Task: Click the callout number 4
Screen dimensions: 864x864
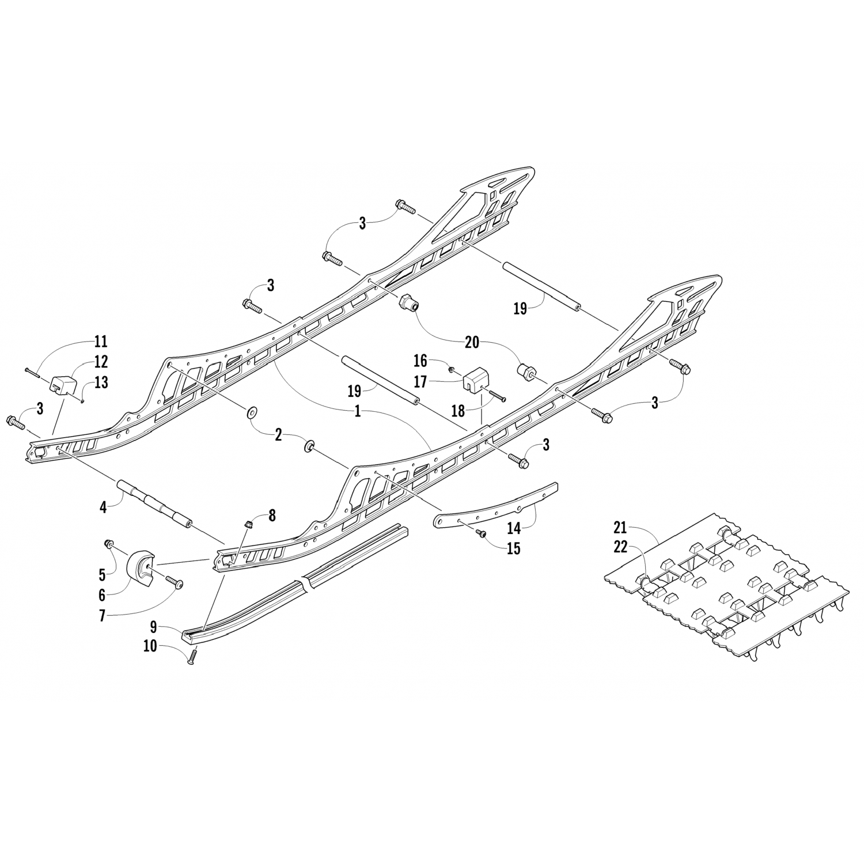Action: point(103,508)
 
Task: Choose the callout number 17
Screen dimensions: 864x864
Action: point(437,382)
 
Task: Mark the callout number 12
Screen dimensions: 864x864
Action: point(101,362)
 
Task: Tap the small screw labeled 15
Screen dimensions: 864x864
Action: point(480,534)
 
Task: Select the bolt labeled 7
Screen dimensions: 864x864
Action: point(173,583)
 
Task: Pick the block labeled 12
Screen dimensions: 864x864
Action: point(64,383)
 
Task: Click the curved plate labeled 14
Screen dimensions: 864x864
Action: point(495,499)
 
